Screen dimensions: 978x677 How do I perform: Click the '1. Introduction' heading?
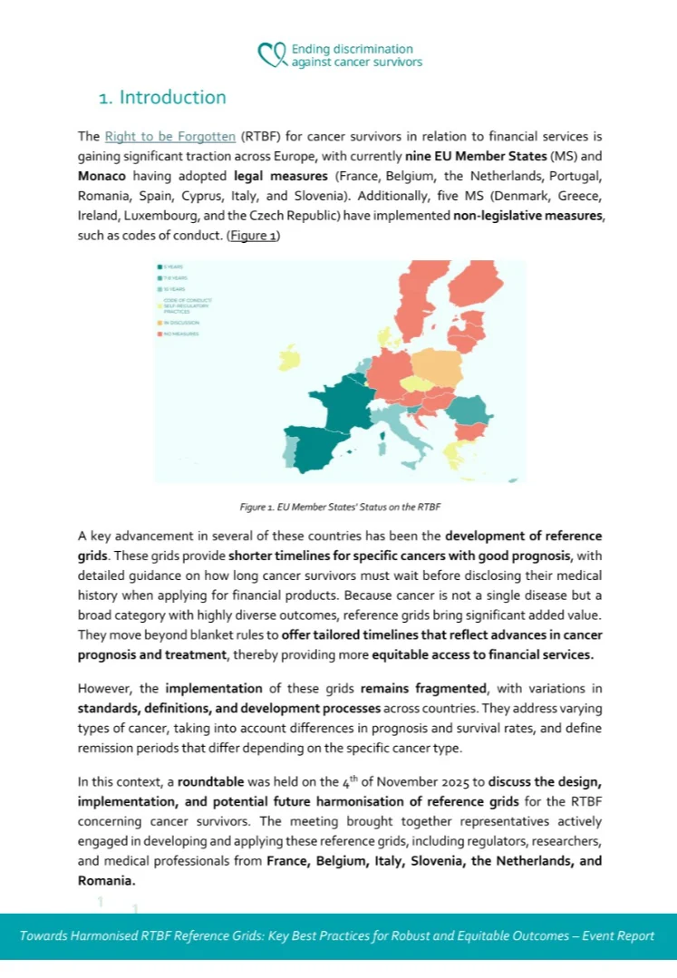point(163,97)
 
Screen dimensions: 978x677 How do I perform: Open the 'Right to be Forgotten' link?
point(170,137)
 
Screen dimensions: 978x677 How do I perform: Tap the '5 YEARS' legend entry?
point(171,266)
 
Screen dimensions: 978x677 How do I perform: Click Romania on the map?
point(470,411)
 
